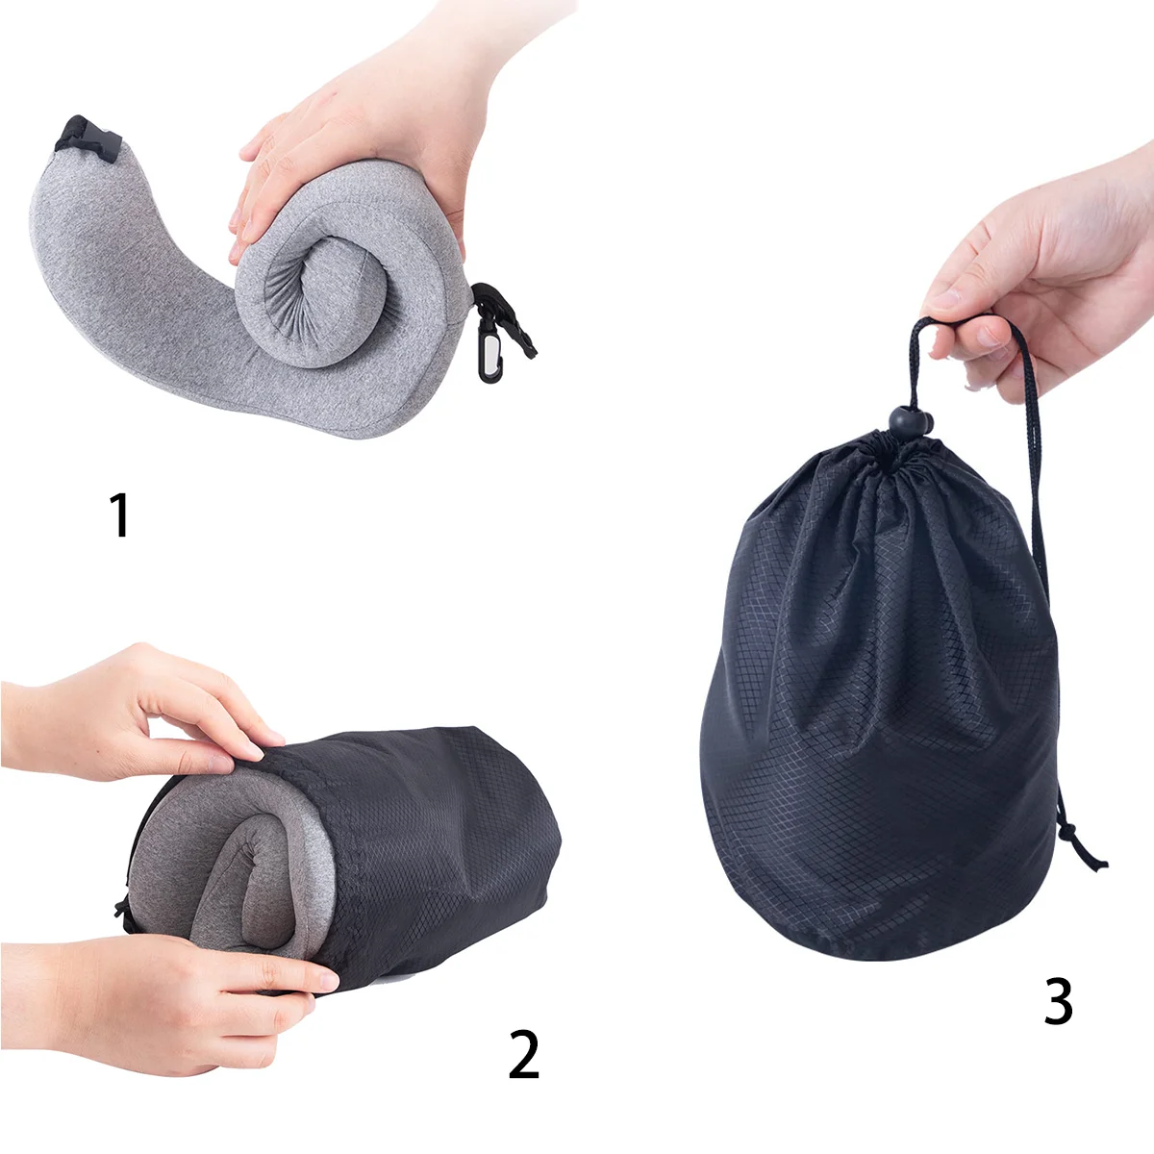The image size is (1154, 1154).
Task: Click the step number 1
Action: pos(120,514)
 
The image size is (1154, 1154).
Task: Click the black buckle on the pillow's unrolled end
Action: pos(88,138)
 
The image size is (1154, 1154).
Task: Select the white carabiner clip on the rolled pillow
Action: pos(489,359)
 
